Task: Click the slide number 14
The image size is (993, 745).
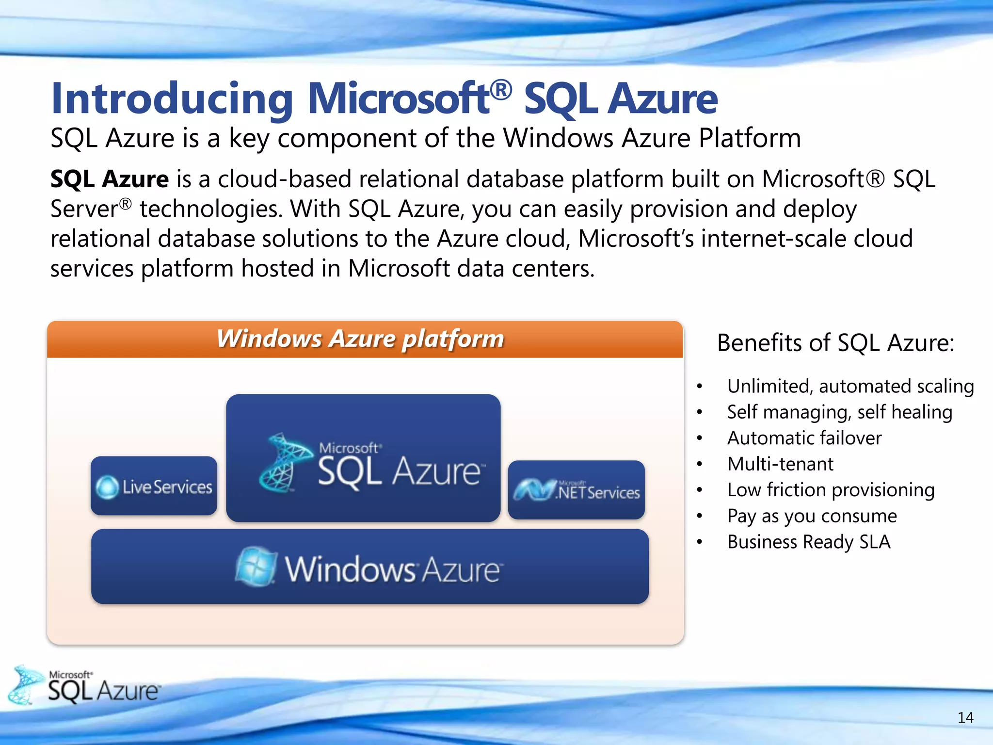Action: coord(965,717)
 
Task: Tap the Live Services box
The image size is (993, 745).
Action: coord(154,486)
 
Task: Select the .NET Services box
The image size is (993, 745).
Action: coord(577,490)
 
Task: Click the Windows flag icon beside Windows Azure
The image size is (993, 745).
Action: coord(256,567)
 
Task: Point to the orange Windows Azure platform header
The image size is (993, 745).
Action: coord(365,339)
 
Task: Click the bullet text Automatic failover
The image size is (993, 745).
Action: coord(804,438)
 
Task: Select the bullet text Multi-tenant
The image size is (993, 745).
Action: coord(780,464)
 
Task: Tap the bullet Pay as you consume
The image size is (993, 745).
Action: coord(812,516)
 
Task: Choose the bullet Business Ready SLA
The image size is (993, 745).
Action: coord(808,542)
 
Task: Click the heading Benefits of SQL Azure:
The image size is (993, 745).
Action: coord(835,343)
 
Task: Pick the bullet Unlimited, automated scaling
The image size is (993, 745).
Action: coord(850,386)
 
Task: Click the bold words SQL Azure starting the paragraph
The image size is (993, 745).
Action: coord(110,179)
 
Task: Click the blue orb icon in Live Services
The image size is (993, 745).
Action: coord(107,487)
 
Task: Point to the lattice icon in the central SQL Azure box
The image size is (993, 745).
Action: coord(284,462)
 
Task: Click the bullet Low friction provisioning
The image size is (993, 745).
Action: coord(831,490)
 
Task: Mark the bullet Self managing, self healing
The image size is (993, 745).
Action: coord(839,412)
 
